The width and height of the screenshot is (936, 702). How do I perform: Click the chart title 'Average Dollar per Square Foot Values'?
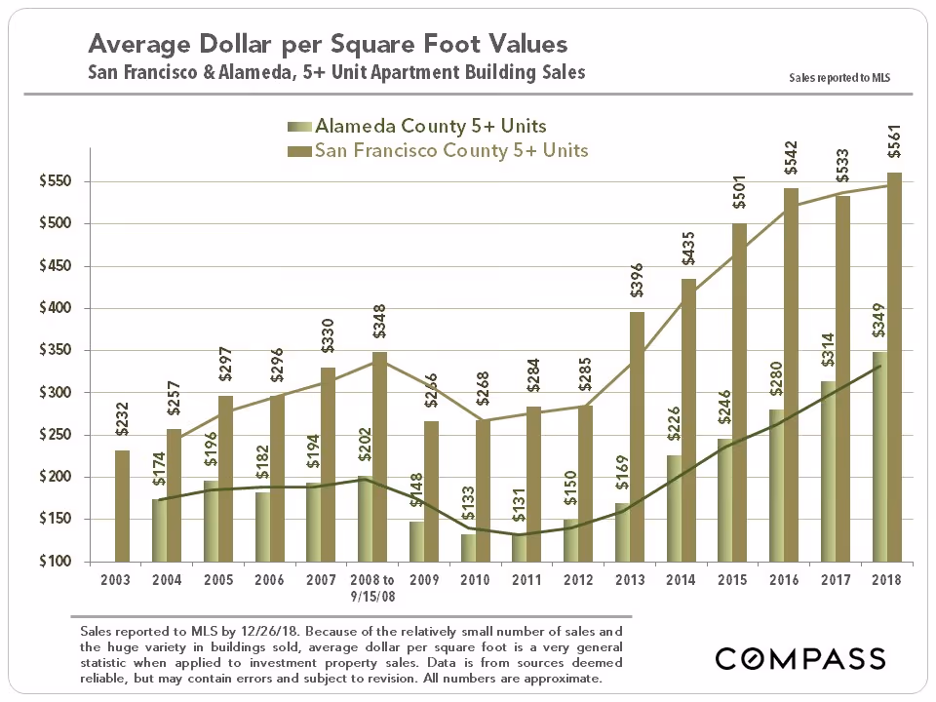328,45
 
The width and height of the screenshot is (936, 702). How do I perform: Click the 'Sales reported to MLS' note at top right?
841,77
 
